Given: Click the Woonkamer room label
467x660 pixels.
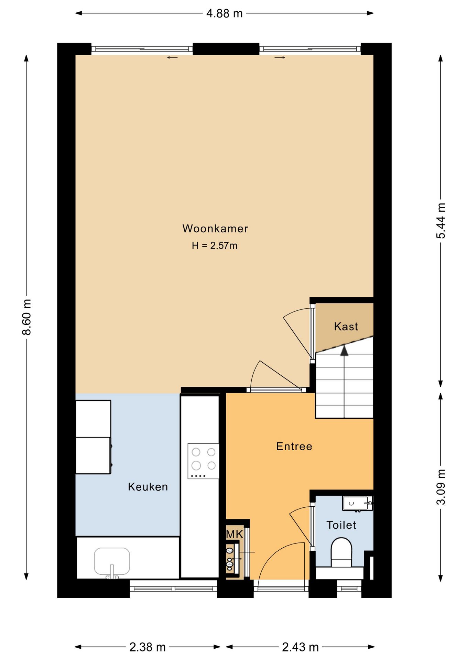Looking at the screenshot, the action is [x=215, y=229].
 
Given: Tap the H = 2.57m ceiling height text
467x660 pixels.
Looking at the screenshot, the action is [x=215, y=245].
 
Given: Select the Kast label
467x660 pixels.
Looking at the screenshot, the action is [x=346, y=326].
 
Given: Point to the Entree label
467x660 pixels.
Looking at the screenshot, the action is [x=294, y=446].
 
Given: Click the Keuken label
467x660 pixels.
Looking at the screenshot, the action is [x=148, y=487].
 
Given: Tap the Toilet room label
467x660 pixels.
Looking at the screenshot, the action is [x=341, y=525].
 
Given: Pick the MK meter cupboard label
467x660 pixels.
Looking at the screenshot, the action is [x=235, y=534].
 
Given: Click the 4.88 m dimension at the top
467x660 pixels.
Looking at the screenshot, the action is [x=225, y=13].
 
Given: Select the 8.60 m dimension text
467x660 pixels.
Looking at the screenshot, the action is [x=27, y=317].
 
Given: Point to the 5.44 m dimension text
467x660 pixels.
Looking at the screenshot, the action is [x=441, y=220].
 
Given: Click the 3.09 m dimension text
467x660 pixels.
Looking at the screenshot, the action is [x=441, y=487].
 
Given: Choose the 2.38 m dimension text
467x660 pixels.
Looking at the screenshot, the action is [x=148, y=647].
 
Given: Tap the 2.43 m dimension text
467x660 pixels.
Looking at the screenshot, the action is [x=300, y=647].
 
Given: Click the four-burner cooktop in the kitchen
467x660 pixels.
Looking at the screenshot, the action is [x=203, y=461].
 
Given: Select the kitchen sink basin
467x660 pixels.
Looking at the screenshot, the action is [x=112, y=561].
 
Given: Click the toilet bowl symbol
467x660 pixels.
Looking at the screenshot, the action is [x=341, y=552].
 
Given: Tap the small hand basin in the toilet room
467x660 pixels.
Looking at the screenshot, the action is [x=357, y=503].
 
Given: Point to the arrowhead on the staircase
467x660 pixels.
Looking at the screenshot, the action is [x=344, y=351].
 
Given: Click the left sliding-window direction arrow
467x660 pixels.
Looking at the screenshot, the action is [x=172, y=57].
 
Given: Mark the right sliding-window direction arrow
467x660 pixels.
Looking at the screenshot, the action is [x=280, y=57].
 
